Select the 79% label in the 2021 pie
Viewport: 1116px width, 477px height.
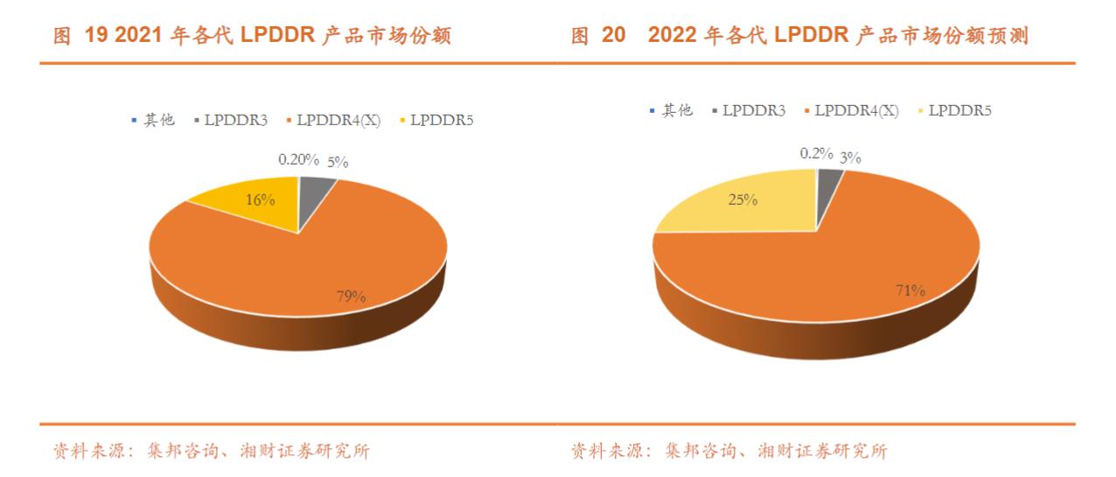pyautogui.click(x=351, y=296)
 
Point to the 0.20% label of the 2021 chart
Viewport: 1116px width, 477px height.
pyautogui.click(x=296, y=160)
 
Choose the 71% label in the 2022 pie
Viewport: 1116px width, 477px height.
pyautogui.click(x=909, y=290)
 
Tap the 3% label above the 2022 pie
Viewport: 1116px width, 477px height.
pyautogui.click(x=850, y=158)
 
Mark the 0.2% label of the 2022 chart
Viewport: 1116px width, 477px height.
pyautogui.click(x=817, y=153)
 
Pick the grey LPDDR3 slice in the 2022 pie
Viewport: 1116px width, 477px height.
pyautogui.click(x=828, y=179)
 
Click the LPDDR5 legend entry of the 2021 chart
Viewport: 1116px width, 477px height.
pyautogui.click(x=441, y=120)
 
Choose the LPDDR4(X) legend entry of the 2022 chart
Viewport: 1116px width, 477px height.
pyautogui.click(x=855, y=110)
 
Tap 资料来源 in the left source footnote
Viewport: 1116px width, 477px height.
pyautogui.click(x=84, y=452)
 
